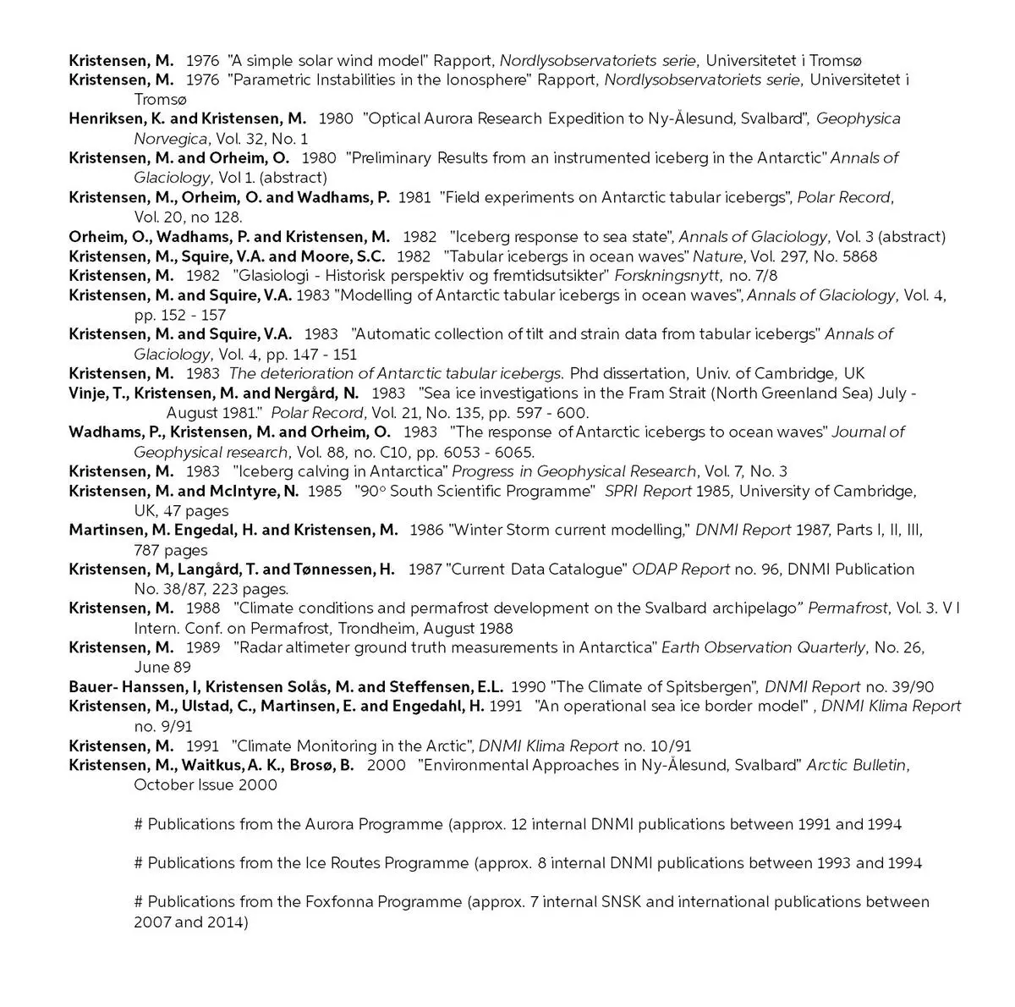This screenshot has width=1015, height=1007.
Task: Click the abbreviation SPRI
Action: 625,492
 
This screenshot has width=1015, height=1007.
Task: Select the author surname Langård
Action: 209,570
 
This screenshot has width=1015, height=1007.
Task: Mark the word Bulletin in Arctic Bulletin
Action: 879,766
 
